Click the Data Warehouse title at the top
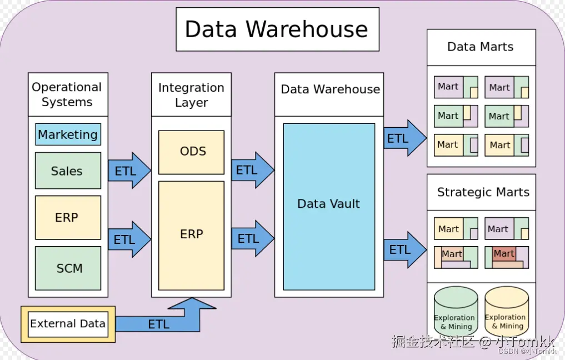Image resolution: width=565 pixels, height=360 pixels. pyautogui.click(x=277, y=29)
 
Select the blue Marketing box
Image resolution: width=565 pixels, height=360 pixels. pyautogui.click(x=68, y=134)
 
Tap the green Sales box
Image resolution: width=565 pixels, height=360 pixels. pyautogui.click(x=68, y=171)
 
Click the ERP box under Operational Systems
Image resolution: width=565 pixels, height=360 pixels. pyautogui.click(x=68, y=217)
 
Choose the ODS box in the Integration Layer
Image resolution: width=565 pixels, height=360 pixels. pyautogui.click(x=192, y=152)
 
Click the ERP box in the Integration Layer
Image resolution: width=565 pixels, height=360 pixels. pyautogui.click(x=192, y=234)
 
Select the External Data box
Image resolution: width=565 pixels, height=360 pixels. pyautogui.click(x=68, y=323)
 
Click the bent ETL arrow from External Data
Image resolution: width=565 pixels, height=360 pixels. pyautogui.click(x=158, y=323)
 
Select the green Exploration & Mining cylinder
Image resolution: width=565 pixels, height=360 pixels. pyautogui.click(x=456, y=311)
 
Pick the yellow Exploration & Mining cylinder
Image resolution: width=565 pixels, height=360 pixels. pyautogui.click(x=506, y=311)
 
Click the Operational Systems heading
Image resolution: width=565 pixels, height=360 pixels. pyautogui.click(x=67, y=94)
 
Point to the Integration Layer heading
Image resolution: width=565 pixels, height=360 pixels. pyautogui.click(x=191, y=94)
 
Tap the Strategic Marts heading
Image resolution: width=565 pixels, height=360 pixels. pyautogui.click(x=483, y=192)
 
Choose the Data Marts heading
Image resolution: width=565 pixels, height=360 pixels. pyautogui.click(x=481, y=47)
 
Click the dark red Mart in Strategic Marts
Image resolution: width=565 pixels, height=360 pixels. pyautogui.click(x=504, y=253)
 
